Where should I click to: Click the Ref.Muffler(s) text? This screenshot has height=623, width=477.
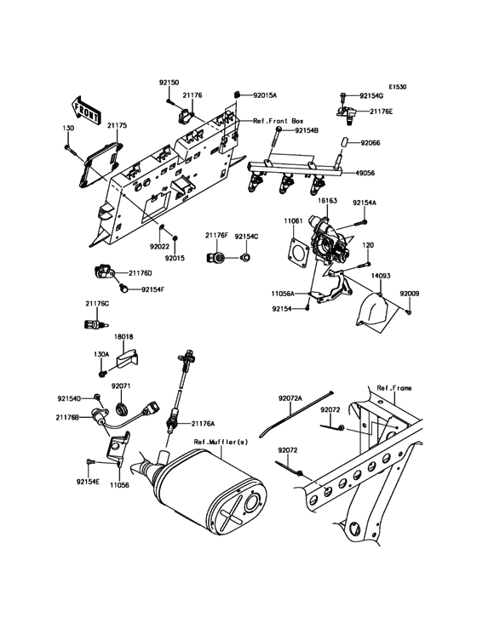220,442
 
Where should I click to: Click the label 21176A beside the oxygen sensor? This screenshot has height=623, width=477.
203,423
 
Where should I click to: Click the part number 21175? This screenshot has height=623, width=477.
118,125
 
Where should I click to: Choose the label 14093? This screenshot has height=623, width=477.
381,277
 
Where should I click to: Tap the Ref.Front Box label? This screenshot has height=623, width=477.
280,122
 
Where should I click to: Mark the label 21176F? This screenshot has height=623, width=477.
216,236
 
